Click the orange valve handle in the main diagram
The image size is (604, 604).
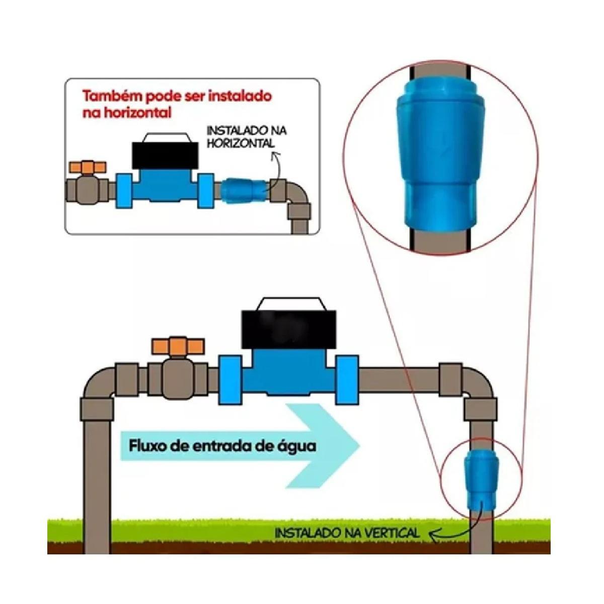point(178,346)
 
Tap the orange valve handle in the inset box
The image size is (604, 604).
point(89,167)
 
